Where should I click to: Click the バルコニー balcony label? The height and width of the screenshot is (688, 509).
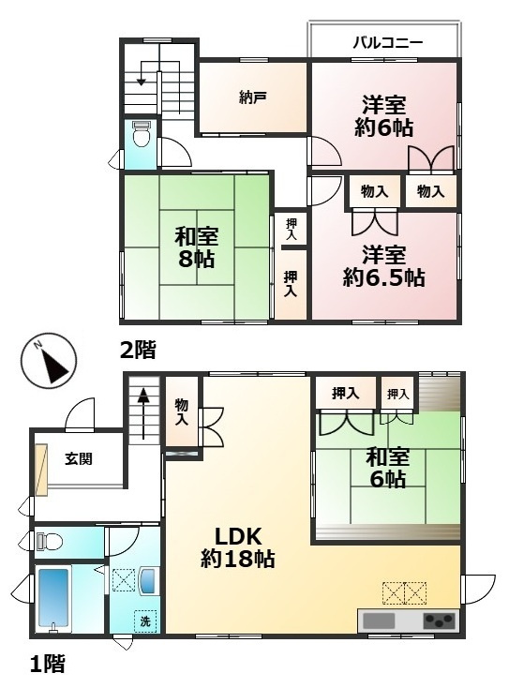click(x=388, y=43)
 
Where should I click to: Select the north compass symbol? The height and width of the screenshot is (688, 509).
click(x=48, y=362)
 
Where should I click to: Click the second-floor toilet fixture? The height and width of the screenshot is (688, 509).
click(x=142, y=134)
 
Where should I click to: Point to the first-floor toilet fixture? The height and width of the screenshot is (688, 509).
click(x=49, y=541)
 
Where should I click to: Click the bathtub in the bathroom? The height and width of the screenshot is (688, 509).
click(x=53, y=599)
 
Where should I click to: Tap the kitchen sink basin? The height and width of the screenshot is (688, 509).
click(x=379, y=621)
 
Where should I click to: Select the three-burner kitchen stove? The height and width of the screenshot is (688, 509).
click(x=440, y=621)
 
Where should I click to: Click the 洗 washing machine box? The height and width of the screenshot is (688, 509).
click(x=145, y=621)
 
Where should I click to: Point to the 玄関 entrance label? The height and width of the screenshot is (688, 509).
click(x=79, y=459)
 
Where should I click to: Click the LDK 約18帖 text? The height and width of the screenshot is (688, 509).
click(x=238, y=547)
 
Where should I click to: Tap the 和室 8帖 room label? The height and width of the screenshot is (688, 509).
click(x=196, y=247)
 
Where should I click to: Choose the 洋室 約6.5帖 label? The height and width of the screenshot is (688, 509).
click(x=383, y=266)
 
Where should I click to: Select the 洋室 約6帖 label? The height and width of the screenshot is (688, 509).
click(x=383, y=115)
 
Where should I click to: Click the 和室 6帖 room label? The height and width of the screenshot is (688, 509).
click(x=388, y=468)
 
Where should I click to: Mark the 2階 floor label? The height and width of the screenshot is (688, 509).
click(x=138, y=351)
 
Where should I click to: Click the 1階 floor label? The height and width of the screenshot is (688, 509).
click(x=48, y=663)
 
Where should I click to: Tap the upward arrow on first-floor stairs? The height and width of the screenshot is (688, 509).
click(x=144, y=413)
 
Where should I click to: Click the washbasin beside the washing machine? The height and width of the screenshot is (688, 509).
click(x=147, y=581)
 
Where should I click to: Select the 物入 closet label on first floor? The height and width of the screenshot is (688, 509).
click(x=181, y=412)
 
